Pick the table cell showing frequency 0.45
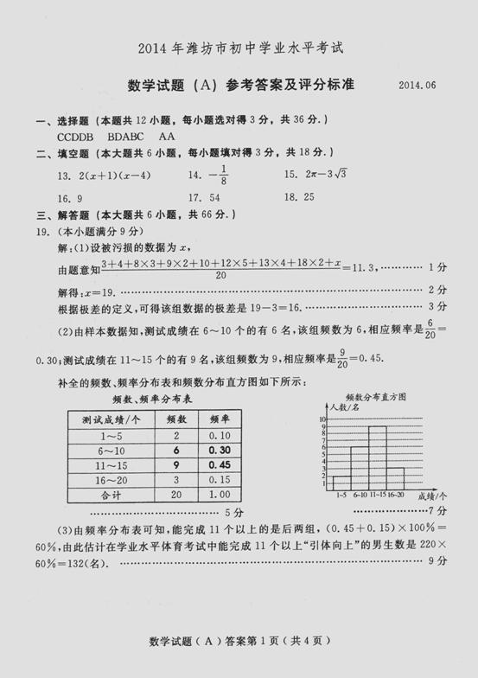click(220, 465)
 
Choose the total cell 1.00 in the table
click(220, 496)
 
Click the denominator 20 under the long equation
click(221, 275)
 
